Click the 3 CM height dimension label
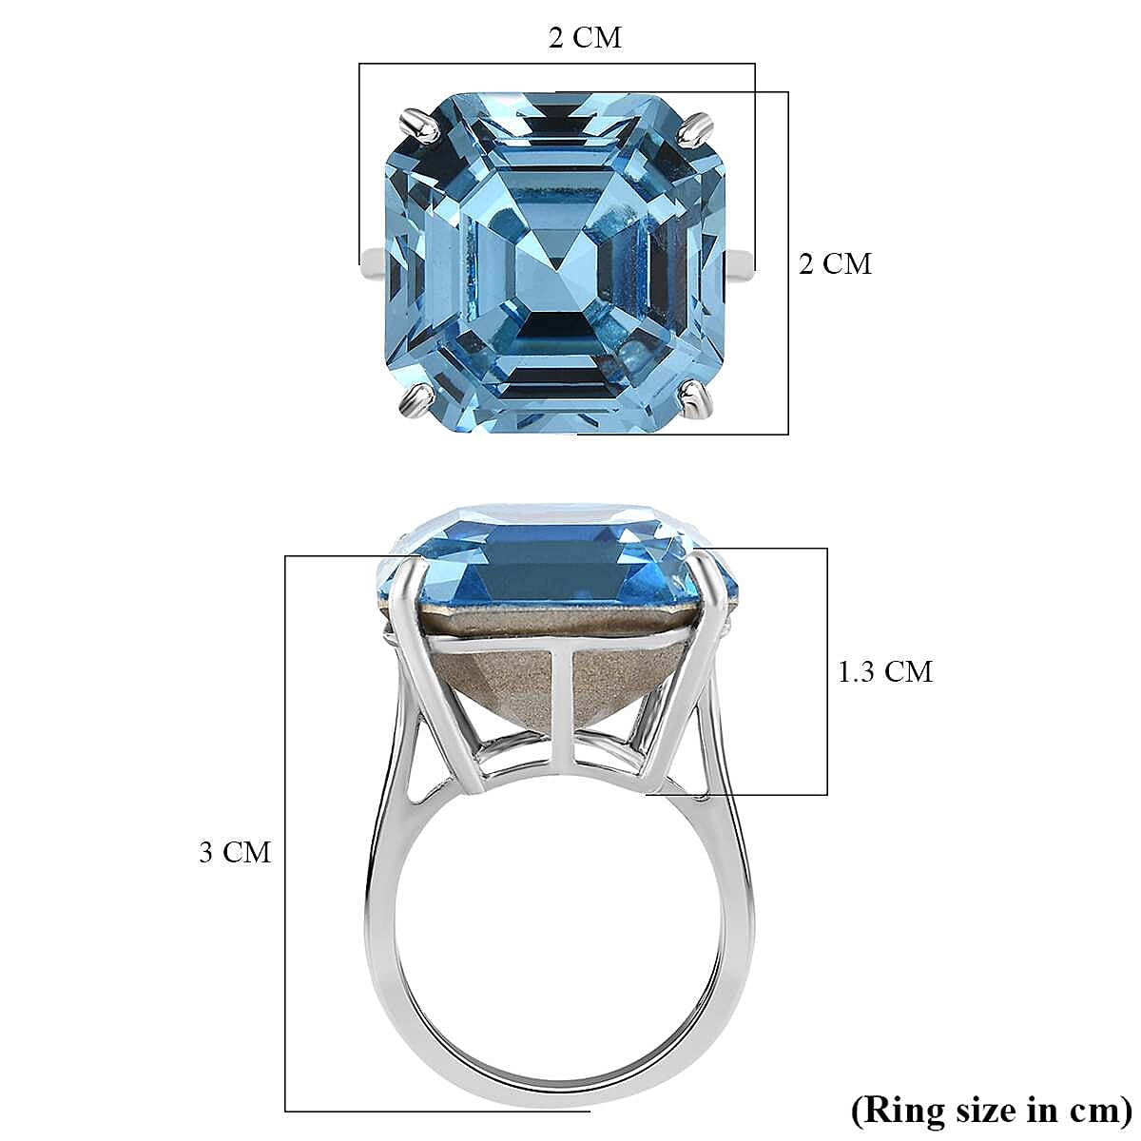[x=235, y=853]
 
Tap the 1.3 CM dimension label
[x=884, y=671]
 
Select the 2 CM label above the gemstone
[x=585, y=37]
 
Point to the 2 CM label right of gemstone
[x=835, y=263]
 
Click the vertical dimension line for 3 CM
[x=286, y=789]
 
